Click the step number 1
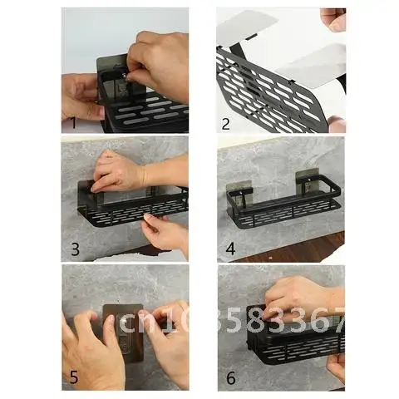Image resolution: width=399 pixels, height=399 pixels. [73, 122]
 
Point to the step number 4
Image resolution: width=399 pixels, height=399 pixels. [230, 249]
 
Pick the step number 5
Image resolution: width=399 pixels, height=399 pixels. [74, 377]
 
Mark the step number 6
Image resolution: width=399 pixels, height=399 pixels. [230, 377]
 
